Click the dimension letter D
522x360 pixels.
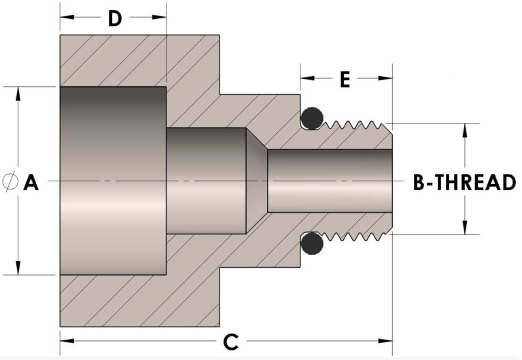pos(114,18)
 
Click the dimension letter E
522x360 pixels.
pos(345,79)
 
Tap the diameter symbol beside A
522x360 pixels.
pos(10,181)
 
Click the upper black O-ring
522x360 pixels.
pos(312,119)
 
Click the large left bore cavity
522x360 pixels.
pos(113,181)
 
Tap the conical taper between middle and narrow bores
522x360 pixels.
pos(256,181)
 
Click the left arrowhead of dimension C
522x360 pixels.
pos(65,340)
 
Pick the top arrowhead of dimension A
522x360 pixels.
pos(18,92)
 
